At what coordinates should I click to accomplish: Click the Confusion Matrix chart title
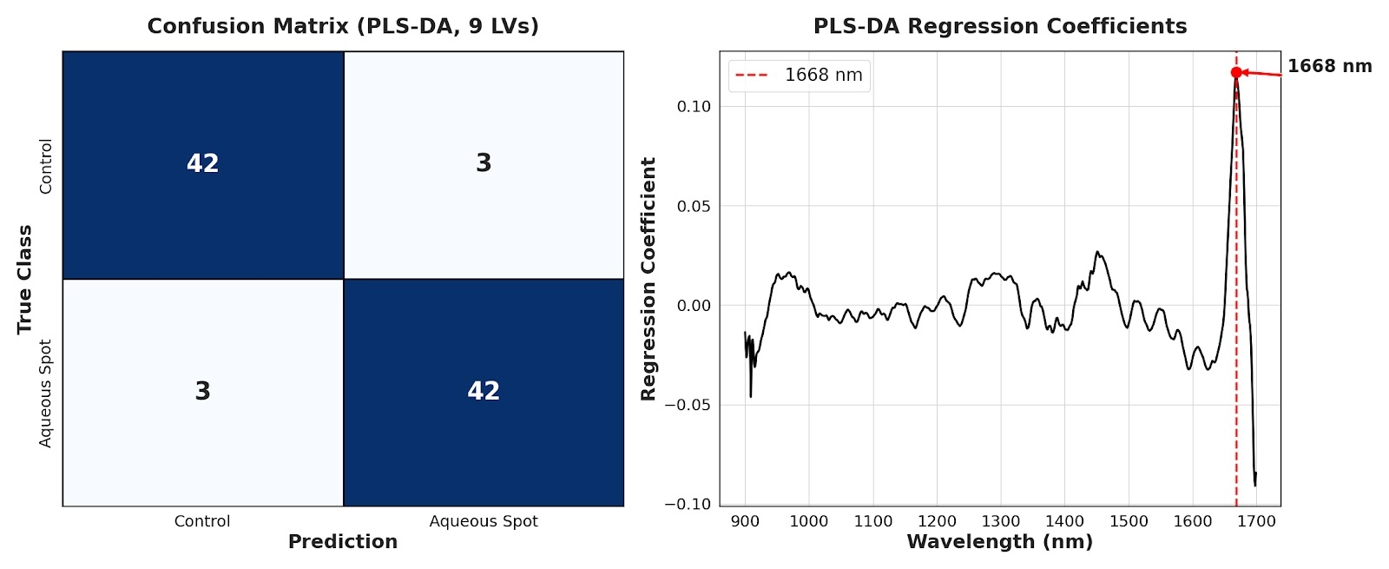point(343,26)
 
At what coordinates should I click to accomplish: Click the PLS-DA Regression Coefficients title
point(999,26)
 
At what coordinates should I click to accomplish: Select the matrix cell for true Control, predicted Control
point(202,164)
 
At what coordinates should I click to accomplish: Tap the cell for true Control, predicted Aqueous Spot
point(484,164)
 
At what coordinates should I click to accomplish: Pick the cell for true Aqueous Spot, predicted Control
point(202,392)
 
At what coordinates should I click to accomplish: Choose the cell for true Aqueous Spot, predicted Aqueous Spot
point(484,392)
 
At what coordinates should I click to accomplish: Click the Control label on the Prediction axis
point(202,521)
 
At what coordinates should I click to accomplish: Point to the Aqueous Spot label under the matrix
point(484,521)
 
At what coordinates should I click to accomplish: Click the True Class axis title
point(24,279)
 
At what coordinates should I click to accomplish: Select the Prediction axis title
point(343,542)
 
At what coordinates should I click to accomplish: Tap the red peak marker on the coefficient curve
point(1236,73)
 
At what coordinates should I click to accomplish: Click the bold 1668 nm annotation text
point(1329,66)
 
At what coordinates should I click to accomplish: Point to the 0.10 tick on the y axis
point(694,107)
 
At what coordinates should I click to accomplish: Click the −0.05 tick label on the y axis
point(688,405)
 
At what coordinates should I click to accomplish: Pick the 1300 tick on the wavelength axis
point(1000,521)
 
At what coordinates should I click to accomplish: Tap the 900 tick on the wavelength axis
point(745,521)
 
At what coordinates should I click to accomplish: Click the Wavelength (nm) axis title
point(999,542)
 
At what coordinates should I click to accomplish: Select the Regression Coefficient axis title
point(648,279)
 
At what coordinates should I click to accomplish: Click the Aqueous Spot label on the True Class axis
point(46,394)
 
